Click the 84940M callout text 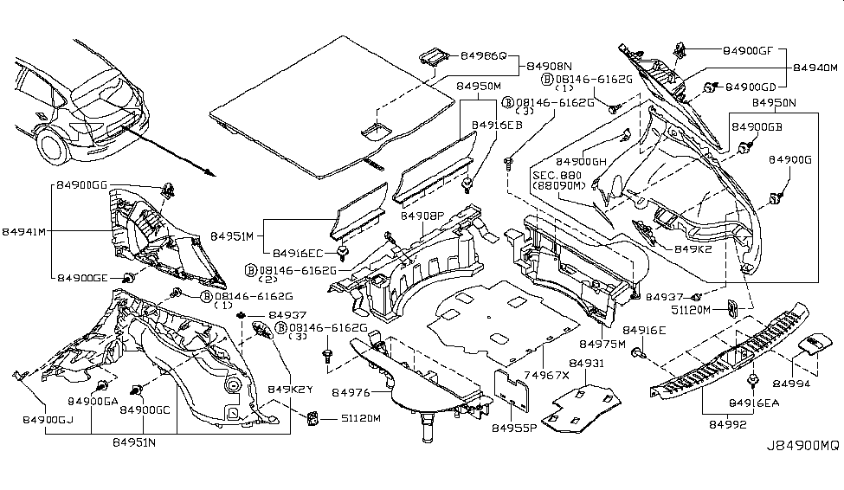click(x=816, y=68)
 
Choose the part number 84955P click(x=515, y=428)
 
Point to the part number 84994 click(x=791, y=382)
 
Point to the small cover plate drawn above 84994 click(x=811, y=345)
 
